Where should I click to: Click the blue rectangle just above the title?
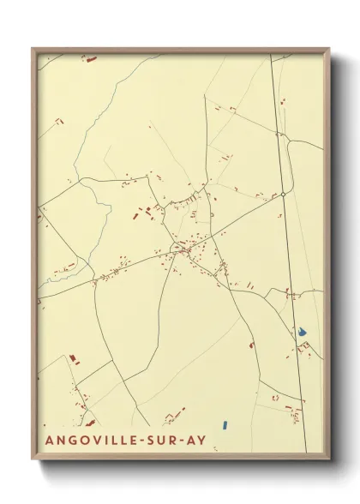(x=224, y=423)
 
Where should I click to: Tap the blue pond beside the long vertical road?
(x=302, y=331)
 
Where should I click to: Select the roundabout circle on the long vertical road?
(x=283, y=195)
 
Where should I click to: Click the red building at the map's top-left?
(x=91, y=59)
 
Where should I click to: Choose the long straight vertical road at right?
(x=290, y=257)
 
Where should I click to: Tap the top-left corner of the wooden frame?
(x=33, y=49)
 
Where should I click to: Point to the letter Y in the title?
(x=201, y=440)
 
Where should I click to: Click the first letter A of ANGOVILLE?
(x=45, y=440)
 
